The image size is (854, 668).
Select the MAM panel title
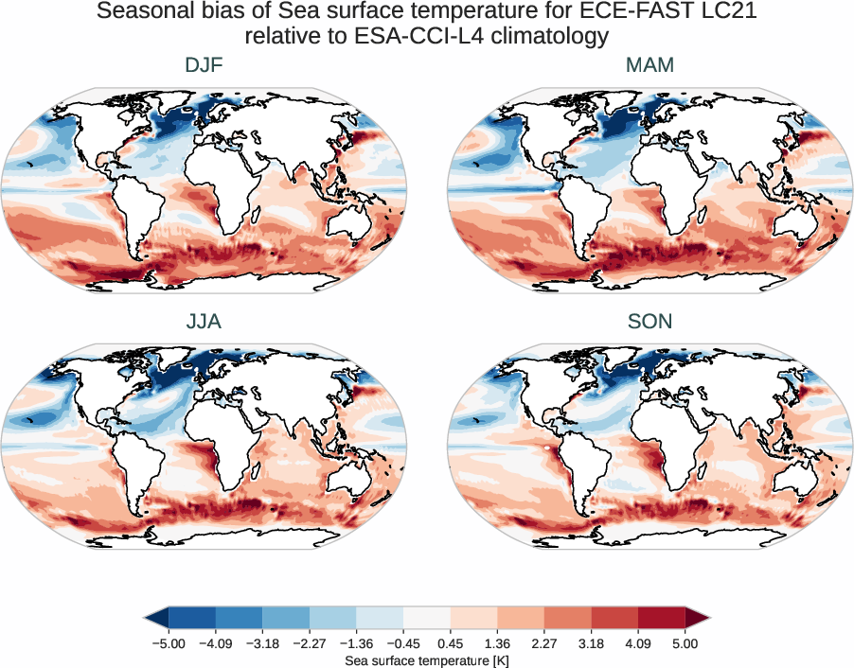(x=649, y=65)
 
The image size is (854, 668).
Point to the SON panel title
(x=649, y=322)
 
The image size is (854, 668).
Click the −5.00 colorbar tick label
(x=167, y=643)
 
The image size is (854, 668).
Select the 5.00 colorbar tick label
(x=685, y=643)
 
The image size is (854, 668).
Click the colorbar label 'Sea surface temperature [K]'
(x=427, y=659)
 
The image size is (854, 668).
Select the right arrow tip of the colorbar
(x=708, y=618)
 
